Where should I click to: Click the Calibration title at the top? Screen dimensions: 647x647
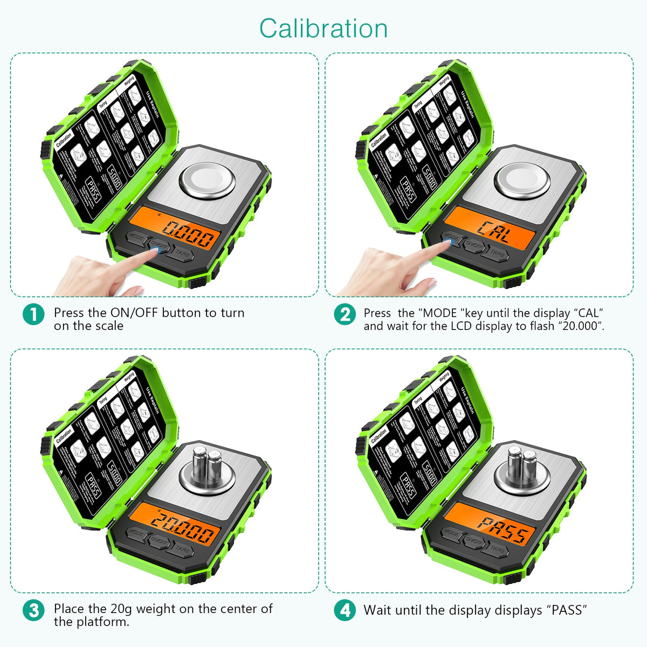tap(323, 29)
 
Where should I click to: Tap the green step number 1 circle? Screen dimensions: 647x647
tap(33, 314)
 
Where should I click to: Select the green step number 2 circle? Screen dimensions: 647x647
tap(345, 314)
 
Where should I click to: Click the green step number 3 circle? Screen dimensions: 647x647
tap(33, 610)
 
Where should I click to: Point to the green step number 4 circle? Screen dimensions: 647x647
tap(345, 610)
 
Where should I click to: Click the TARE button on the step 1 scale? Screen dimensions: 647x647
tap(182, 254)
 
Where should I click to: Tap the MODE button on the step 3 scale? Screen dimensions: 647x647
tap(136, 533)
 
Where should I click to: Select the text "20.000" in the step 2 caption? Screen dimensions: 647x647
tap(580, 326)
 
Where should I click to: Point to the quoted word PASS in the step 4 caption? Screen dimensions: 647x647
tap(567, 610)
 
